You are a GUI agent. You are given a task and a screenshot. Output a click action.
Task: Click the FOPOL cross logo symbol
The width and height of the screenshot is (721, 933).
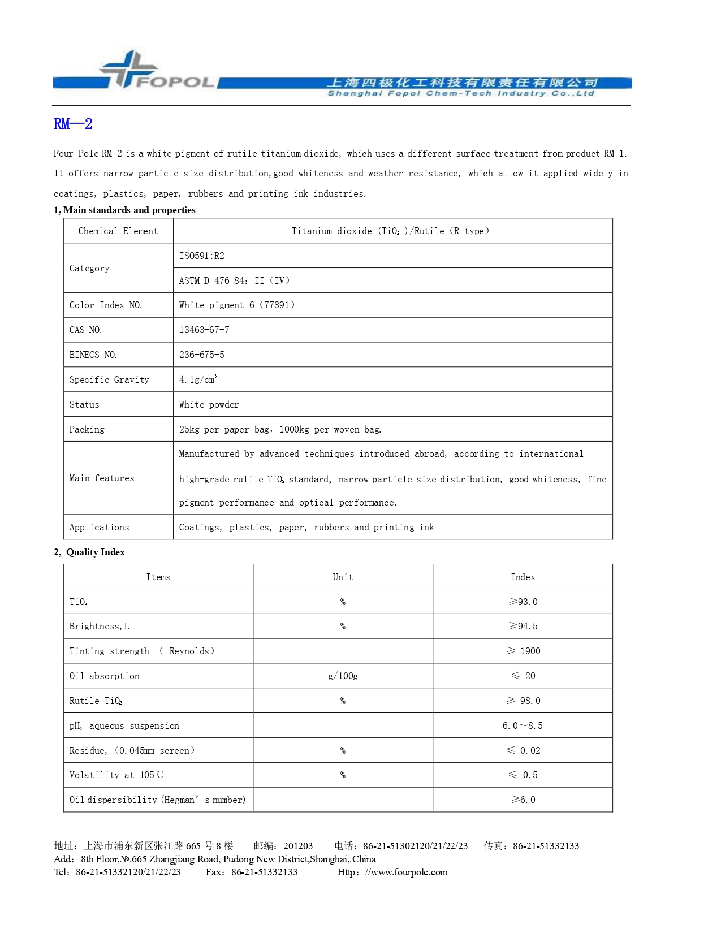tap(129, 69)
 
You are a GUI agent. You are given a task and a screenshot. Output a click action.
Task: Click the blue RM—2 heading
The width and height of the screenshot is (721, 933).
tap(73, 124)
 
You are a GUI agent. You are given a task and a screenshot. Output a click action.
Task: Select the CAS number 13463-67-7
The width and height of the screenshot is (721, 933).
tap(204, 330)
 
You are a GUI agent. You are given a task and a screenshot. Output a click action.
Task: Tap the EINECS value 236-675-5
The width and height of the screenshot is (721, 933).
tap(201, 355)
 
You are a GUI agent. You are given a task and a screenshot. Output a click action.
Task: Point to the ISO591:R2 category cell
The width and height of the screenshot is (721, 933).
tap(202, 256)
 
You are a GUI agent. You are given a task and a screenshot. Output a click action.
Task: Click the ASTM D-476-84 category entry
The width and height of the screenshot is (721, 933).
tap(234, 281)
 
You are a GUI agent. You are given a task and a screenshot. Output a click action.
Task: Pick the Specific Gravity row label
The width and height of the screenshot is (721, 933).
tap(109, 380)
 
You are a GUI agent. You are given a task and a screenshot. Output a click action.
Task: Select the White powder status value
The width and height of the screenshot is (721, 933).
tap(209, 405)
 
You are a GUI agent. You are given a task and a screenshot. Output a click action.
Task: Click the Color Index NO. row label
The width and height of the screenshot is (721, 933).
tap(106, 305)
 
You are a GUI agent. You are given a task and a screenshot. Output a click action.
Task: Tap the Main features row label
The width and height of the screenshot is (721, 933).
tap(102, 478)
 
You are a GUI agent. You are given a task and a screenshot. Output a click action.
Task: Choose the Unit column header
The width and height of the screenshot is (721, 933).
tap(343, 577)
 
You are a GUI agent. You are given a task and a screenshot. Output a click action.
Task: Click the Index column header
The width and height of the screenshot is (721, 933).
tap(523, 577)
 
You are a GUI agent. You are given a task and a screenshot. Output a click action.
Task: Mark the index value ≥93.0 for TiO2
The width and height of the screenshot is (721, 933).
tap(523, 602)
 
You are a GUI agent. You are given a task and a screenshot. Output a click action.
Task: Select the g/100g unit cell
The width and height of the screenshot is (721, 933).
tap(343, 676)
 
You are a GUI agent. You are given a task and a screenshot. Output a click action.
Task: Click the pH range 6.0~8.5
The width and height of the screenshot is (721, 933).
tap(523, 726)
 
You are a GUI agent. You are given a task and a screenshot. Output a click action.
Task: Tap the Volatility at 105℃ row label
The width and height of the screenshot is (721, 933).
tap(116, 775)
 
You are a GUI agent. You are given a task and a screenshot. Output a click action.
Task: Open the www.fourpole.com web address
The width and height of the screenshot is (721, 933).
tap(406, 872)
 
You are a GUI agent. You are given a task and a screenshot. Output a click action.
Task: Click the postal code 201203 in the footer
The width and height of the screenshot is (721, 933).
tap(298, 846)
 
